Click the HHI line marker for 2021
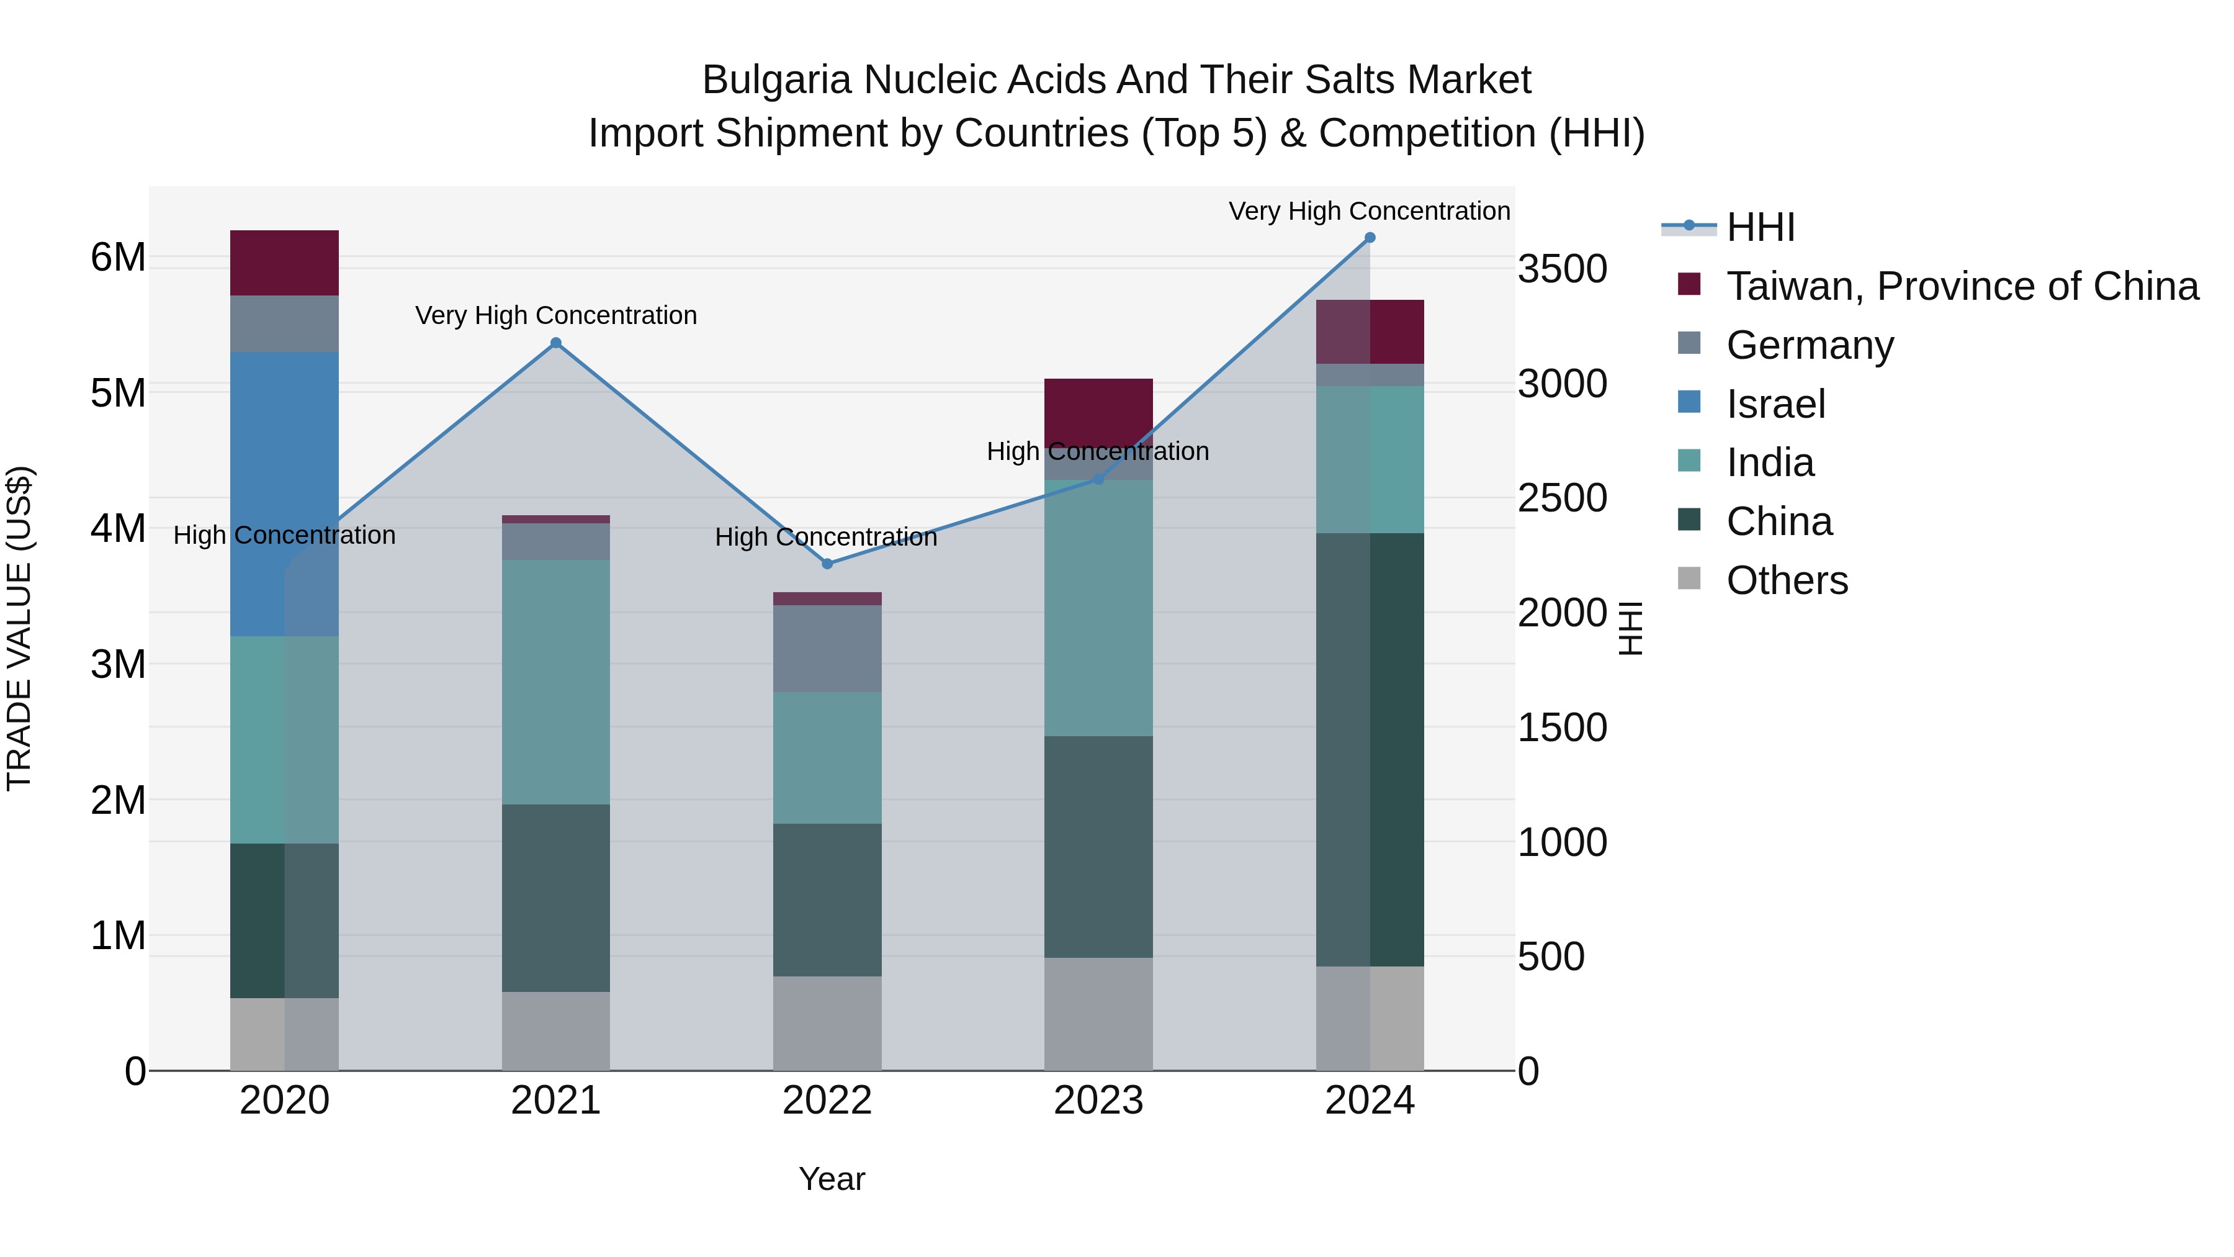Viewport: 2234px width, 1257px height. (556, 343)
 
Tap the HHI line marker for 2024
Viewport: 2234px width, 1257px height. (1370, 237)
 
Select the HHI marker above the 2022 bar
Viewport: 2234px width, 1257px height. (827, 564)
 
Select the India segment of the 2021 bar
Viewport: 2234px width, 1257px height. (556, 681)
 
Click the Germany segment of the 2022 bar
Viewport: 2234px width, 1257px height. (827, 648)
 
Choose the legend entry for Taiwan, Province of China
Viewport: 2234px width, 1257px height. (1962, 286)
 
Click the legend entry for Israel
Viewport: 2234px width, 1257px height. (1775, 404)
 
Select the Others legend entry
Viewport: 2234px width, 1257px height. (1787, 580)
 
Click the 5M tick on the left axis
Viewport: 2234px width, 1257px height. (118, 393)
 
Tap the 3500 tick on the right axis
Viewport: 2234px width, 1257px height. (1562, 269)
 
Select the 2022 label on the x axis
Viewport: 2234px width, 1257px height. (827, 1101)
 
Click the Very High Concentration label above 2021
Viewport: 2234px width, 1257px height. (556, 315)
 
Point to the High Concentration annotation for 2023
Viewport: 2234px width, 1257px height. (1098, 451)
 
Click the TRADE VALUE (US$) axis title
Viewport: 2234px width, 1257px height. (19, 628)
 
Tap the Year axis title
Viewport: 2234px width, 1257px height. (832, 1179)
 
